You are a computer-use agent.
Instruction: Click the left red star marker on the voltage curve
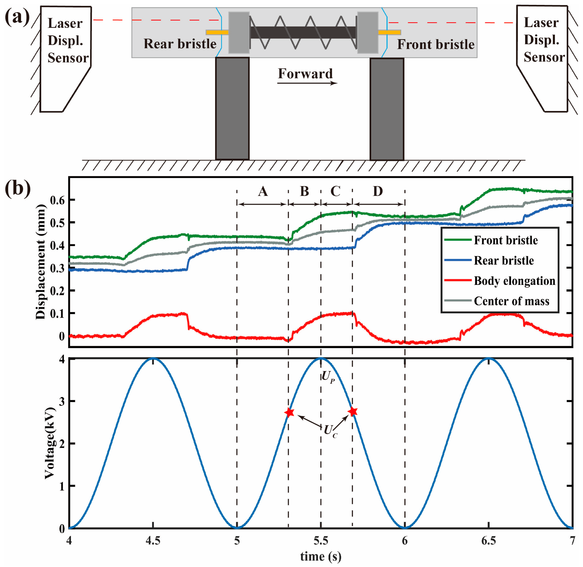289,412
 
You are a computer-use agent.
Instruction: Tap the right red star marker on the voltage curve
353,412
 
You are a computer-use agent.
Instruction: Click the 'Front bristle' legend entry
506,240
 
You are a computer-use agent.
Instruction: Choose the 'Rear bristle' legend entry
504,261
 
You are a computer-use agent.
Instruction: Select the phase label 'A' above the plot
263,191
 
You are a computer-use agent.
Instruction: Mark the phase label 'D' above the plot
378,191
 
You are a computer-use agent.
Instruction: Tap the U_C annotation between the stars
330,431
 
